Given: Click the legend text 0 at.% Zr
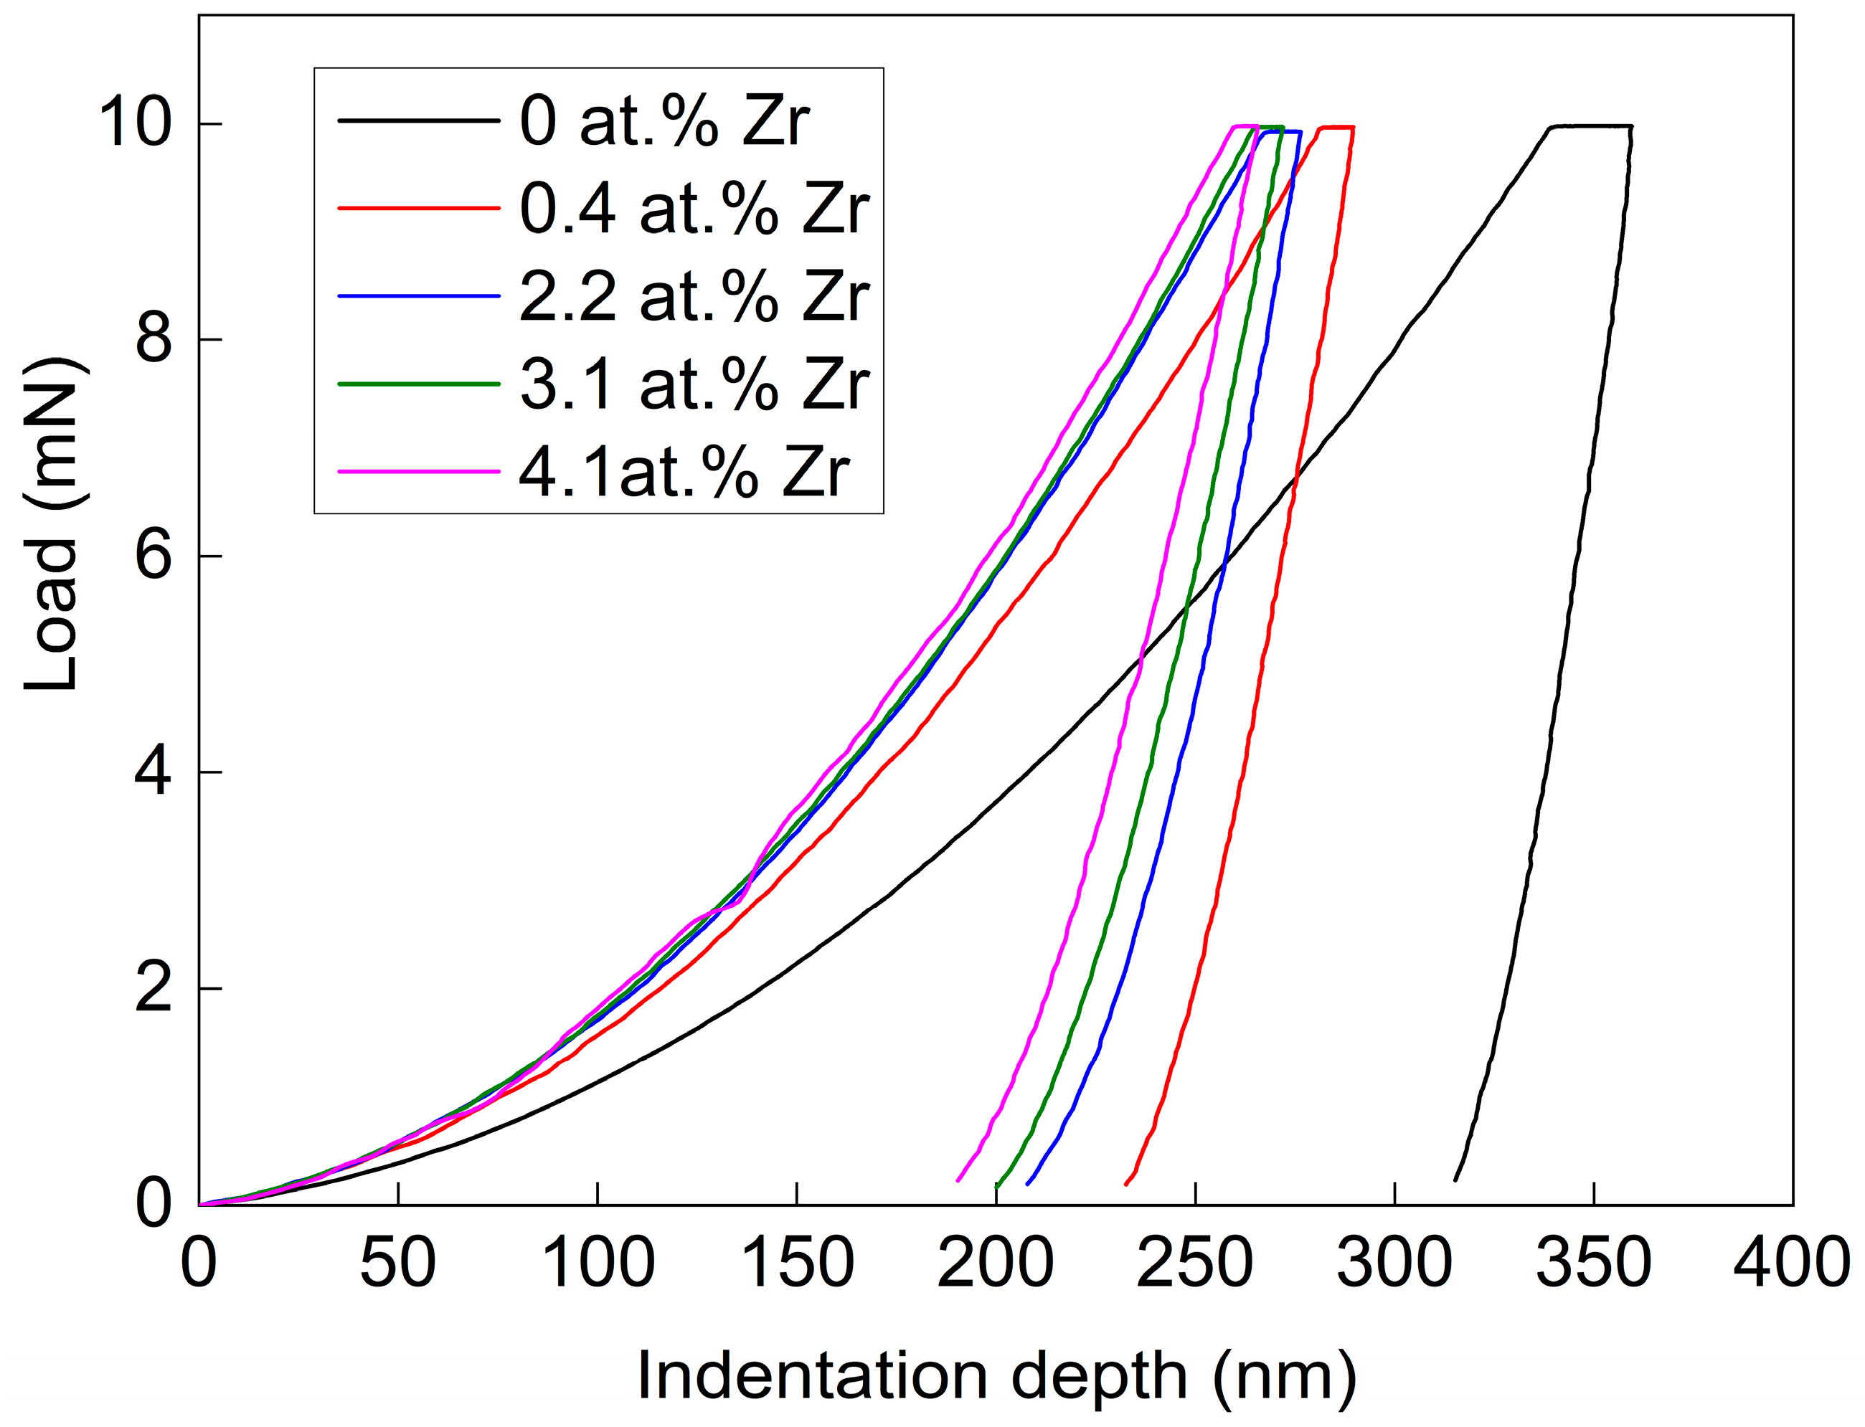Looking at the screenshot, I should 664,121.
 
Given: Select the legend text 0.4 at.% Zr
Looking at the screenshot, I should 694,209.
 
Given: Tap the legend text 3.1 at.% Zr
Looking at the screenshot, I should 694,385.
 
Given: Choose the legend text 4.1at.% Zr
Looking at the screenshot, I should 684,473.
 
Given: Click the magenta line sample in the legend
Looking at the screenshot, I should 418,470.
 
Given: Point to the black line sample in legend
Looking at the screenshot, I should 418,120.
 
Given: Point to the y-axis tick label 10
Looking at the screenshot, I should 136,123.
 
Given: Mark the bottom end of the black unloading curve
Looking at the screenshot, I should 1455,1180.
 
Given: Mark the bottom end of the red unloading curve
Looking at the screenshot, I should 1127,1183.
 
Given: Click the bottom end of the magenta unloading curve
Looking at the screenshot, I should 958,1180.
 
